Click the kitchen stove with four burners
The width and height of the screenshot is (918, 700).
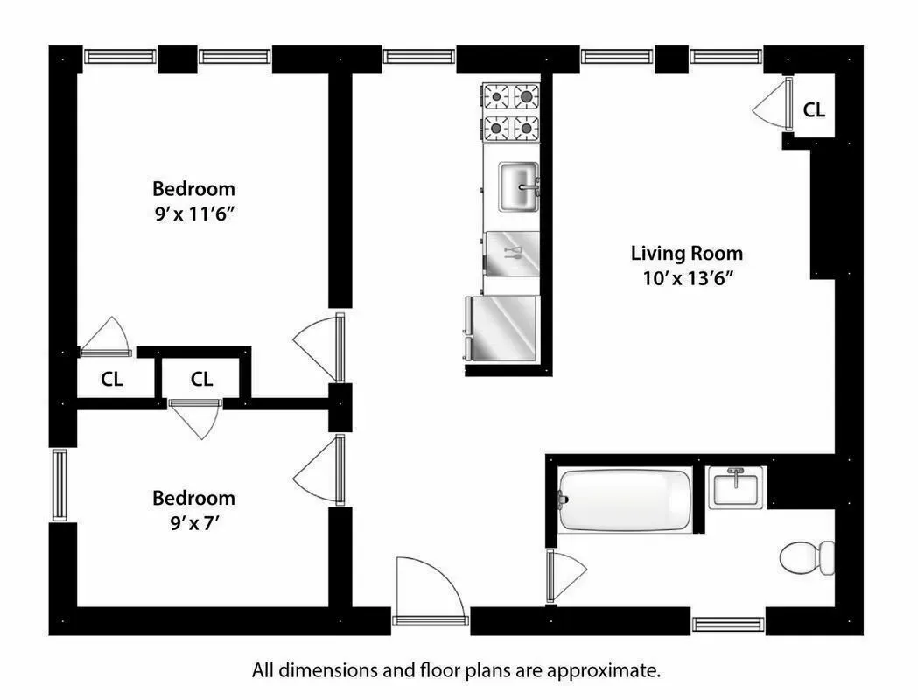(x=510, y=111)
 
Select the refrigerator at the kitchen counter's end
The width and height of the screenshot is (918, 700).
(x=502, y=327)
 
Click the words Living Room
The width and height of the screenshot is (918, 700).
(x=686, y=254)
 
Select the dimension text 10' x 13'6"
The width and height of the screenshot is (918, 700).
(x=686, y=279)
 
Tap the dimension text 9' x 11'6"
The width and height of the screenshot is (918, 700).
(x=193, y=214)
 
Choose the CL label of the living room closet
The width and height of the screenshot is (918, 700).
(x=814, y=110)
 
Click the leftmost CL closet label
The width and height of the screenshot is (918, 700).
(x=112, y=380)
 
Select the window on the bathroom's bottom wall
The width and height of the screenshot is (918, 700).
(x=728, y=624)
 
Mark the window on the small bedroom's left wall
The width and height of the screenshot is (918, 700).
(x=60, y=485)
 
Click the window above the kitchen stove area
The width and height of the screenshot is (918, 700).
(x=417, y=57)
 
